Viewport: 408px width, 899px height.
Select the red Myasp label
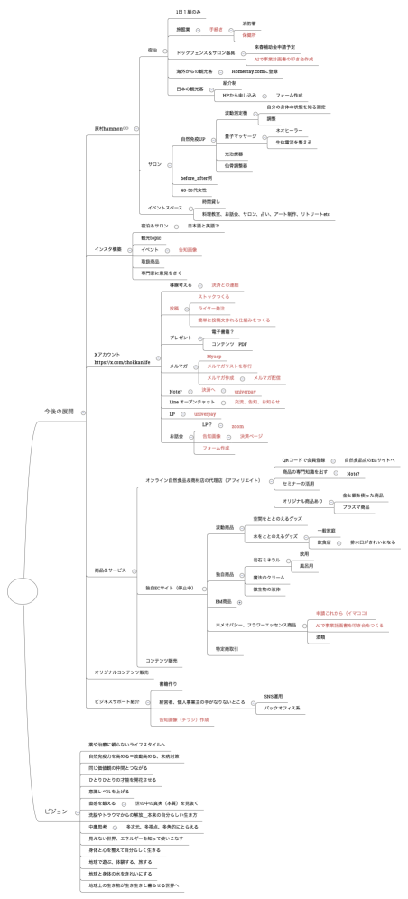click(214, 357)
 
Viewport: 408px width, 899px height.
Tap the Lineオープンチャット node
click(193, 402)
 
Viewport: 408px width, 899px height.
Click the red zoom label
click(238, 424)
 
